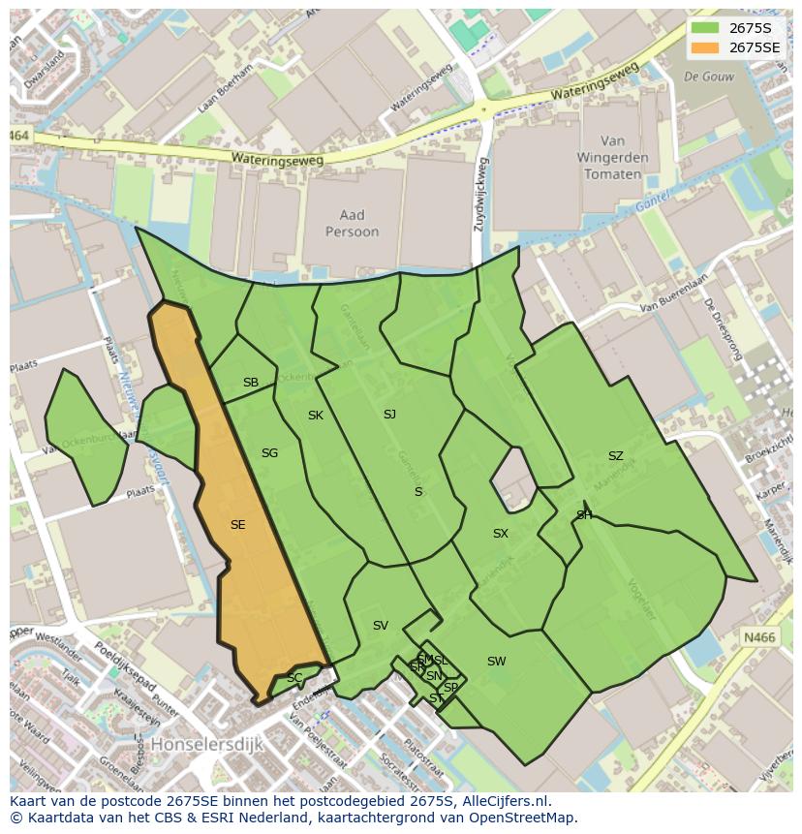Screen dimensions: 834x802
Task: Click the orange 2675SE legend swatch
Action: pyautogui.click(x=706, y=47)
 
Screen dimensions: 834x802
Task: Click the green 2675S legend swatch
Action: pyautogui.click(x=706, y=28)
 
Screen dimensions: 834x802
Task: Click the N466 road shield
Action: pyautogui.click(x=758, y=636)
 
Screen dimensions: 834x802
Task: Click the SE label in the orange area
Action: pyautogui.click(x=237, y=525)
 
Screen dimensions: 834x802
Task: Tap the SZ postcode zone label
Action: pyautogui.click(x=615, y=456)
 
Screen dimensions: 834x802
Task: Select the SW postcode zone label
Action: pyautogui.click(x=496, y=662)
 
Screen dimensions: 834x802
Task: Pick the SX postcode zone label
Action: pyautogui.click(x=500, y=534)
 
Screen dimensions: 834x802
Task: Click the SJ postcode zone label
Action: pyautogui.click(x=389, y=415)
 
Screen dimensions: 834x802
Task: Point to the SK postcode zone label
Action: pyautogui.click(x=315, y=416)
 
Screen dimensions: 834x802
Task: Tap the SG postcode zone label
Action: pyautogui.click(x=269, y=453)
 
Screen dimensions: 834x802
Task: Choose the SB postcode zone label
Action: pyautogui.click(x=251, y=383)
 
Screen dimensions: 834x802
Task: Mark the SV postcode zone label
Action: pyautogui.click(x=380, y=626)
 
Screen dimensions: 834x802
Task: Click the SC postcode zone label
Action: pyautogui.click(x=293, y=678)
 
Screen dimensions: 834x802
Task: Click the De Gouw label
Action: pyautogui.click(x=704, y=76)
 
